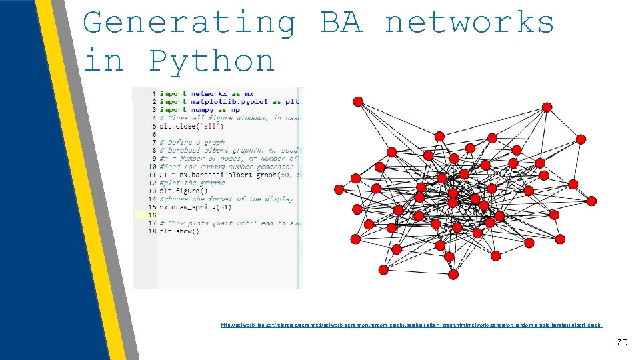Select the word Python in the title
[211, 61]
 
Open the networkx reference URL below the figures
[411, 325]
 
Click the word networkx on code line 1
[209, 93]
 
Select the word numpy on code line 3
[203, 109]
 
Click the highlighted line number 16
[153, 215]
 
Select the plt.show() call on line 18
[179, 231]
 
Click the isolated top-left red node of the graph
[358, 101]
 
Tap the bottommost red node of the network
[453, 274]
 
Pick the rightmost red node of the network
[581, 139]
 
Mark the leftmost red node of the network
[339, 189]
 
